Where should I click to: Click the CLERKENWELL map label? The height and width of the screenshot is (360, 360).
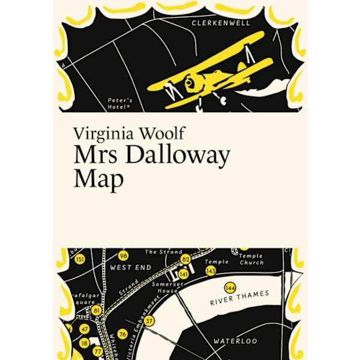tap(229, 23)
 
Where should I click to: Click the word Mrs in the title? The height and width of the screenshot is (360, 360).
tap(92, 155)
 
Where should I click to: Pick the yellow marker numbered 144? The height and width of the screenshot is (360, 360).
tap(229, 287)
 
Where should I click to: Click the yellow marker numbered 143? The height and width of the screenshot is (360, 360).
tap(211, 271)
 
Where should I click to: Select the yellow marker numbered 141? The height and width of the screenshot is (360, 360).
tap(184, 274)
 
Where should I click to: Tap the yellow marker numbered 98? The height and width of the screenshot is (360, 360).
tap(123, 256)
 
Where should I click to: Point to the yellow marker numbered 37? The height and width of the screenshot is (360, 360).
tap(149, 321)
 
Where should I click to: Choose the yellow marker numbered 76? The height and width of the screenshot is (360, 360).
tap(122, 334)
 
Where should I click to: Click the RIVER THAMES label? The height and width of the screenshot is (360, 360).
tap(239, 299)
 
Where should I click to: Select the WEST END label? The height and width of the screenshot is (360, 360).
tap(131, 267)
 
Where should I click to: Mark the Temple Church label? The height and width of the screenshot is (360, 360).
tap(251, 259)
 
